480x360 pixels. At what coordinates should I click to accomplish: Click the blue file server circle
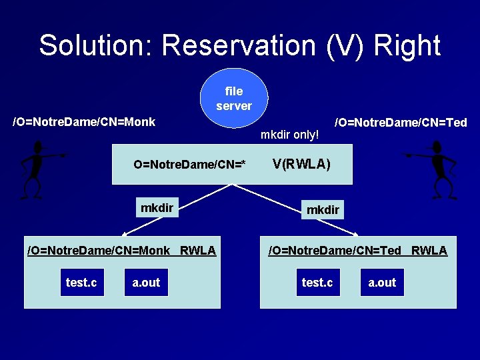click(x=234, y=98)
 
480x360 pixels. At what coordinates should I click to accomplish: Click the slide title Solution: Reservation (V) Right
click(x=239, y=46)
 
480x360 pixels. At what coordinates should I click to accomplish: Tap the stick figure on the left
click(x=39, y=169)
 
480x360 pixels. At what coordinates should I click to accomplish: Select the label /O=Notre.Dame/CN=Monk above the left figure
click(x=84, y=122)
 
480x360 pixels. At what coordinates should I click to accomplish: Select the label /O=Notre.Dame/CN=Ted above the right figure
click(x=401, y=122)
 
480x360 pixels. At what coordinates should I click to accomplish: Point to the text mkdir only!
click(x=290, y=135)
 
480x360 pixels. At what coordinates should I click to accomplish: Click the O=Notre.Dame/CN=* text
click(x=189, y=165)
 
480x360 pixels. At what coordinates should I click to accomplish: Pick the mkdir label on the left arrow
click(x=157, y=208)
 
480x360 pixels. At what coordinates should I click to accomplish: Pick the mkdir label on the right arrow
click(x=323, y=210)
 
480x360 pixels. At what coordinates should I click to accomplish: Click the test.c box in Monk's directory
click(x=81, y=283)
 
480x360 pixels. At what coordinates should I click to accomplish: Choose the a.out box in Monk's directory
click(x=146, y=283)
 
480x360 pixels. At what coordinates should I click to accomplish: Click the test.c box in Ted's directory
click(x=317, y=283)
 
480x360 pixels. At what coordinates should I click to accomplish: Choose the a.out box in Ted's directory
click(x=382, y=283)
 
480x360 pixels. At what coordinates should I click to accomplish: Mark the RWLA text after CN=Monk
click(x=198, y=251)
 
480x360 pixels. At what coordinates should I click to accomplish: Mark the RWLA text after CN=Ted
click(x=429, y=251)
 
